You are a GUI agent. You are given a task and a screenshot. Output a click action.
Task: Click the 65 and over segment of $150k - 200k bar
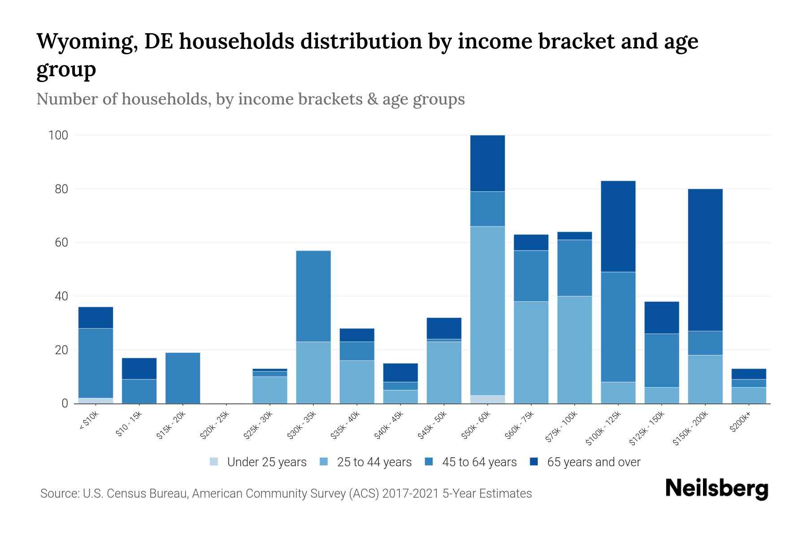[x=705, y=260]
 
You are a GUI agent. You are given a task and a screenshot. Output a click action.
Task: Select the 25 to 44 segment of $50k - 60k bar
[x=488, y=311]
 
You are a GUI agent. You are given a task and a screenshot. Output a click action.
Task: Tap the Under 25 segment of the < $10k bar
[x=95, y=400]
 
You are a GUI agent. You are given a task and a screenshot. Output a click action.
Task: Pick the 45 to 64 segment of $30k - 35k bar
[x=313, y=296]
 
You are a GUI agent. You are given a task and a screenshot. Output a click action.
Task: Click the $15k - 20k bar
[x=182, y=378]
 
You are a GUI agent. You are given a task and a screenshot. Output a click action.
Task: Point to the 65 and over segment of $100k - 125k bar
[x=618, y=226]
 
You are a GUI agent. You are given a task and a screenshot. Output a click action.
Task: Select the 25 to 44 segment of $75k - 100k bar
[x=575, y=350]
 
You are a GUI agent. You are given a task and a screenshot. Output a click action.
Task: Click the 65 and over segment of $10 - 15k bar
[x=139, y=369]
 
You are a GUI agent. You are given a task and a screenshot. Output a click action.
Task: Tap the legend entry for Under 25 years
[x=267, y=462]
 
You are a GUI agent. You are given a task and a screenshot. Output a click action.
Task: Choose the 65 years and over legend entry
[x=594, y=462]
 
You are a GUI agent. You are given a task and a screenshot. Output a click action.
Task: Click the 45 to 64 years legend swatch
[x=429, y=462]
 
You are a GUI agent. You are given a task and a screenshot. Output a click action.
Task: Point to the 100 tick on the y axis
[x=58, y=135]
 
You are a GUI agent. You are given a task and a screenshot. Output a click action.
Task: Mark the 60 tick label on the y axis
[x=61, y=243]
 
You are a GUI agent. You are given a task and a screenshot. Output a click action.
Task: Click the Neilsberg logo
[x=716, y=489]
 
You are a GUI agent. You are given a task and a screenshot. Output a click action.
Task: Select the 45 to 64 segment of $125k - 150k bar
[x=662, y=360]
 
